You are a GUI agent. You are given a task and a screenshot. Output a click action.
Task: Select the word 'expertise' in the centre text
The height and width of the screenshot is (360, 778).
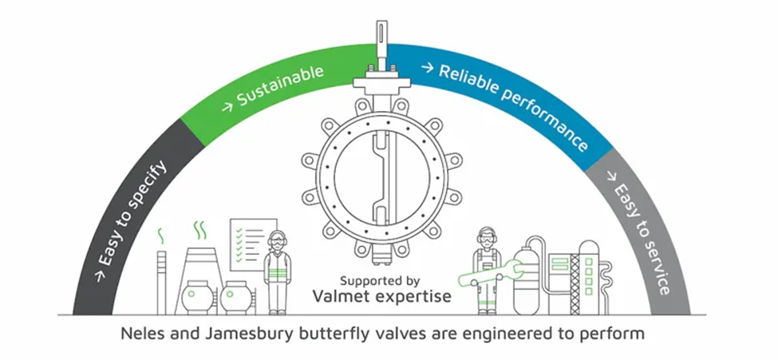coord(417,297)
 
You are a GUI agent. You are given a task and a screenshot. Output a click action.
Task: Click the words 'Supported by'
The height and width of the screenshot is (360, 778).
coord(379,280)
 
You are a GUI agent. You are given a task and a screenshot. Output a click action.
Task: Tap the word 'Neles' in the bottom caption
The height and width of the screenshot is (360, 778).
coord(141,333)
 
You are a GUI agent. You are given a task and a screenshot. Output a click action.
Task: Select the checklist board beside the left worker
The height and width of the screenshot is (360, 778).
coord(252,243)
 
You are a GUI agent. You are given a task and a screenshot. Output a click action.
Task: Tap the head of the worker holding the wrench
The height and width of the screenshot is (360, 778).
coord(486,238)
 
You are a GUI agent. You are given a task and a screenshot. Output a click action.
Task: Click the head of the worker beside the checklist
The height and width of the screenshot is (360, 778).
coord(277,240)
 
